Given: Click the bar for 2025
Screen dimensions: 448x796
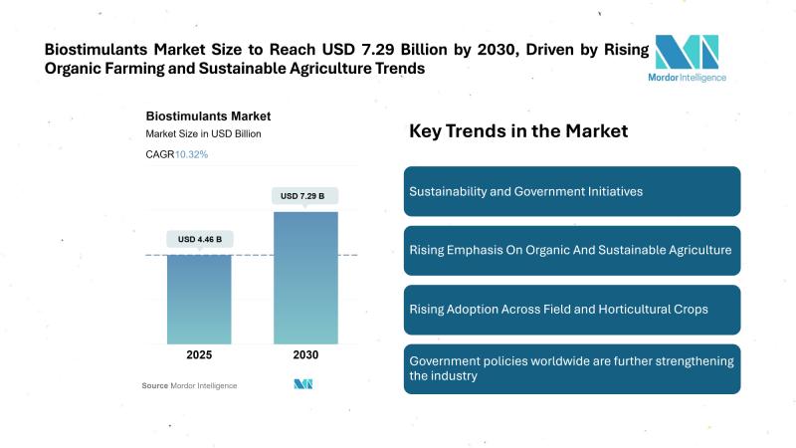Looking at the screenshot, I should pos(198,299).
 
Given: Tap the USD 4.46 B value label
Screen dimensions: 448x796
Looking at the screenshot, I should pos(199,239).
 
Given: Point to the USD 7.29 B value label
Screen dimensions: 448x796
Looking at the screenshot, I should pos(304,195).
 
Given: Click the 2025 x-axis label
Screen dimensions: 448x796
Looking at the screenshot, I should pos(198,355).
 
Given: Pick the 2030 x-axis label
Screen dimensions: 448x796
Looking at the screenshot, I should pos(304,355).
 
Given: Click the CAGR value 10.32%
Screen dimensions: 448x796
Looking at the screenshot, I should pos(192,154).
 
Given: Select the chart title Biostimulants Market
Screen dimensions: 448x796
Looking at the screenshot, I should pos(208,116).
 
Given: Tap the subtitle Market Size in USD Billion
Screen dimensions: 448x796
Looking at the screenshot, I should pos(204,134).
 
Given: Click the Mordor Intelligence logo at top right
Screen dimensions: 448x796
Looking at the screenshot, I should pos(687,57).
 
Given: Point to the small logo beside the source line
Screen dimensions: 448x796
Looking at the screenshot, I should pos(304,385).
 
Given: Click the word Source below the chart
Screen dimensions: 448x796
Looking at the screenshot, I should pos(154,385).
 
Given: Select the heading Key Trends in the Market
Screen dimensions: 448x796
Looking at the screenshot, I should pos(518,130).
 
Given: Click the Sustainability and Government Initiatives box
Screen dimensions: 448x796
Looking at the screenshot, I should pos(571,191).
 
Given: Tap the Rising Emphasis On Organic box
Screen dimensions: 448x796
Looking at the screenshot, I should pos(571,250).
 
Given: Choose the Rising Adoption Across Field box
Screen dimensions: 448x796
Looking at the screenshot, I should pos(571,310).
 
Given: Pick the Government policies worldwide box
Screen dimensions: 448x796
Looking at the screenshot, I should pos(571,368).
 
